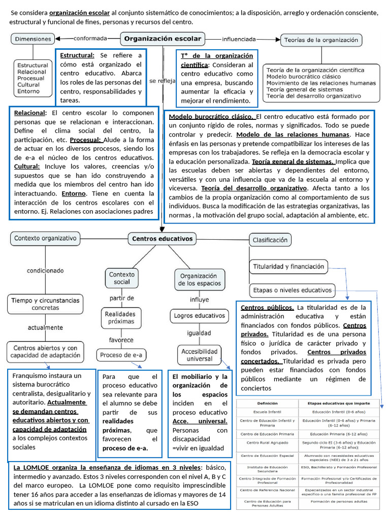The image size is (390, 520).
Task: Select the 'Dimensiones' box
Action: pos(33,38)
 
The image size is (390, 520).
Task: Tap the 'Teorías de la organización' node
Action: pos(321,40)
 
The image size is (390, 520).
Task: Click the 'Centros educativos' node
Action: pos(162,238)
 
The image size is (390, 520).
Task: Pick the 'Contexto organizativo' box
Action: pos(45,238)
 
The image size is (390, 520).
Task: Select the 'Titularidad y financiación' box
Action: pos(287,266)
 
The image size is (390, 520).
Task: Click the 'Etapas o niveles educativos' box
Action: pos(291,290)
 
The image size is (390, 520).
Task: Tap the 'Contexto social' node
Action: pos(122,278)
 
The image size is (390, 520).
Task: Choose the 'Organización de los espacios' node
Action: pos(200,279)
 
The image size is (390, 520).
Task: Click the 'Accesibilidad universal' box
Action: pos(200,355)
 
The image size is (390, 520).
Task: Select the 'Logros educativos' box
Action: pos(199,315)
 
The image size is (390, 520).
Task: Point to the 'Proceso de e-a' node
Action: pos(120,354)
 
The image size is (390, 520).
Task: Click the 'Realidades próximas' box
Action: pos(120,317)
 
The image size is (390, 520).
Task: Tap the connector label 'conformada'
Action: pos(90,38)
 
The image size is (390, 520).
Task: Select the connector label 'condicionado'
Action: pos(45,271)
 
